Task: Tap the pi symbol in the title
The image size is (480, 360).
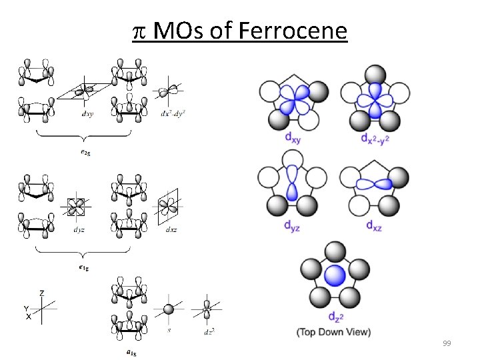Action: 139,31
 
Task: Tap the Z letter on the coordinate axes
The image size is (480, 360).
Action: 42,293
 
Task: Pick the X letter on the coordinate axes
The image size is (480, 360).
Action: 28,317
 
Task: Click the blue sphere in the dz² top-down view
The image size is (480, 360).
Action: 335,275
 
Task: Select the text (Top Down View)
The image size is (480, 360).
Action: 334,331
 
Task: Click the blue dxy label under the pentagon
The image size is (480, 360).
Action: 292,137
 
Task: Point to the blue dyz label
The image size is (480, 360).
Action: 292,225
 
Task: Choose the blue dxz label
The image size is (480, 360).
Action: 373,225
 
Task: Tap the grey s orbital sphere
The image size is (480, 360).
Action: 169,309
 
